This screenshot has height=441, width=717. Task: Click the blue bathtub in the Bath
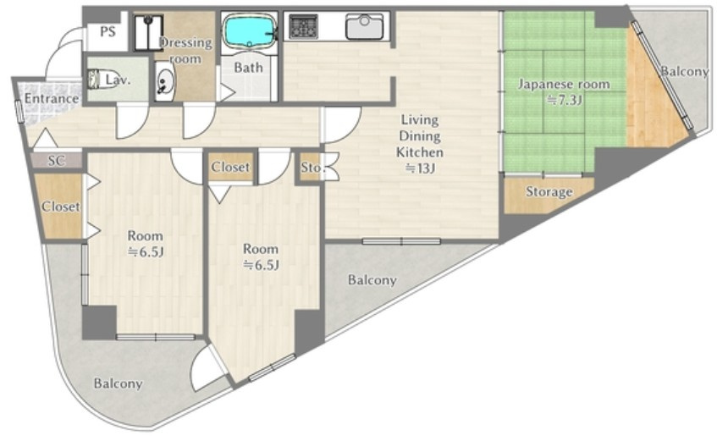[x=250, y=30]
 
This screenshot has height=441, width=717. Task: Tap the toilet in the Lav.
[x=95, y=79]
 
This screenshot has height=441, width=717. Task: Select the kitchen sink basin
[x=365, y=27]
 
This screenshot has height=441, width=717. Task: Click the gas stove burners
[x=303, y=27]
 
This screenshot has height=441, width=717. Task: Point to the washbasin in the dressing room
[x=163, y=82]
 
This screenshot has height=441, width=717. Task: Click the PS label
[x=108, y=32]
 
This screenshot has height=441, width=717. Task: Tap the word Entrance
[x=51, y=99]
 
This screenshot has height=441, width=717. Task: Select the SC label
[x=57, y=161]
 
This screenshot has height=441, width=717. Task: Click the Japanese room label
[x=564, y=84]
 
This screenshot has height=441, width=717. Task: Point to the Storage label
[x=549, y=191]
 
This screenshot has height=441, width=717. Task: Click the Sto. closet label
[x=312, y=168]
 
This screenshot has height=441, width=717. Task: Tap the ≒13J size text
[x=419, y=168]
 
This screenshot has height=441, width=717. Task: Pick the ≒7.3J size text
[x=565, y=100]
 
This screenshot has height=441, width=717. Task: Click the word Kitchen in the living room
[x=419, y=152]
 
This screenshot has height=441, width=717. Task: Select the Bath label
[x=248, y=68]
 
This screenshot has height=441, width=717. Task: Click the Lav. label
[x=118, y=80]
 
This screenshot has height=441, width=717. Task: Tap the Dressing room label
[x=186, y=51]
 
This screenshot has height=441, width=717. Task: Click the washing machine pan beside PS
[x=149, y=32]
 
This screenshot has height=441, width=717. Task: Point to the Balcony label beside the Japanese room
[x=685, y=71]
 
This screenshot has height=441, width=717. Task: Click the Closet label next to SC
[x=61, y=207]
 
